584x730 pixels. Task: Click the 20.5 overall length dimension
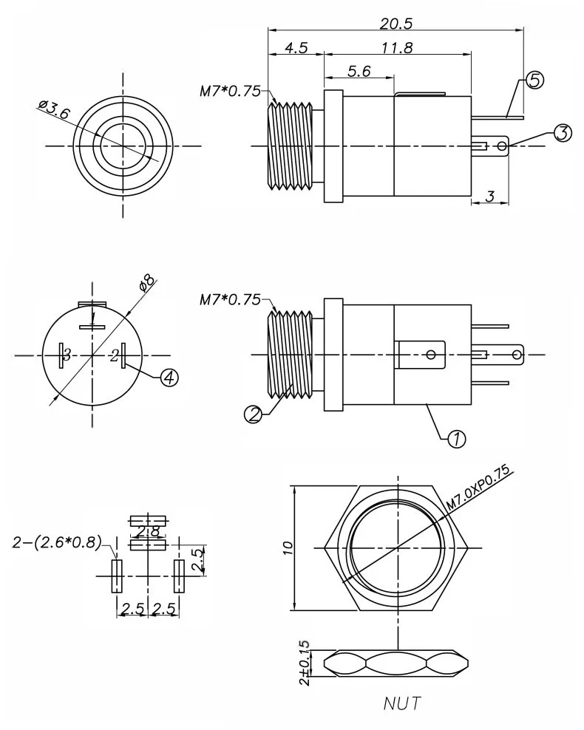coord(395,24)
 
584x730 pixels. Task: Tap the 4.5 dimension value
coord(296,48)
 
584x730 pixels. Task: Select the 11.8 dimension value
coord(397,48)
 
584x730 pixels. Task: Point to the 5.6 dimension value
coord(359,71)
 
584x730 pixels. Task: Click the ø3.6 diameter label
coord(54,109)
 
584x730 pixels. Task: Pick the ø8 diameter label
coord(146,282)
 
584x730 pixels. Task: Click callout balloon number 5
coord(534,81)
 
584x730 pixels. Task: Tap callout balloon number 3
coord(563,133)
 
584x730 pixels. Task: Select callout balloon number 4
coord(169,378)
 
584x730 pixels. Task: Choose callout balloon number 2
coord(254,414)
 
